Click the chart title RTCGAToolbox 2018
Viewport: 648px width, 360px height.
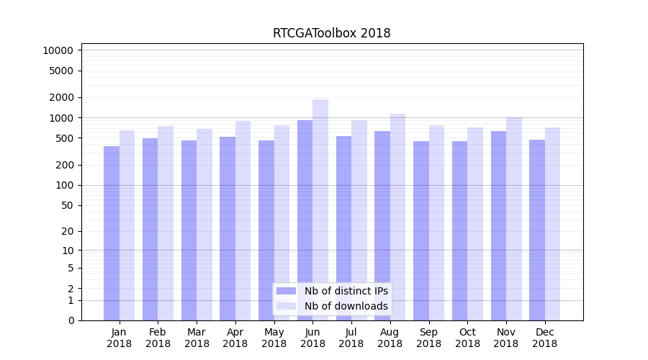click(331, 33)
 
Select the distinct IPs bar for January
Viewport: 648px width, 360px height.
click(112, 233)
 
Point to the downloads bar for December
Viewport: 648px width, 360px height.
click(552, 224)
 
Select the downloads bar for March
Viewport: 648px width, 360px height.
click(204, 225)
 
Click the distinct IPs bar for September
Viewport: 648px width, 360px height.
click(421, 230)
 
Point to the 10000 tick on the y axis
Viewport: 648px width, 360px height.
click(58, 50)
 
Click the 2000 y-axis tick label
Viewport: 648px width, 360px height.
click(60, 97)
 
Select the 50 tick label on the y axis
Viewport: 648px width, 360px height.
click(66, 205)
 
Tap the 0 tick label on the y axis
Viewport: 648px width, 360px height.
click(71, 320)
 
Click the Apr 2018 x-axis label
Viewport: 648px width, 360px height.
click(235, 338)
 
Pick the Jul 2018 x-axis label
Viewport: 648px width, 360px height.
click(351, 338)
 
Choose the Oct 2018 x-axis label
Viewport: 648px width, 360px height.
click(467, 338)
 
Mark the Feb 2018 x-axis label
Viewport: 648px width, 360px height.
click(158, 338)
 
